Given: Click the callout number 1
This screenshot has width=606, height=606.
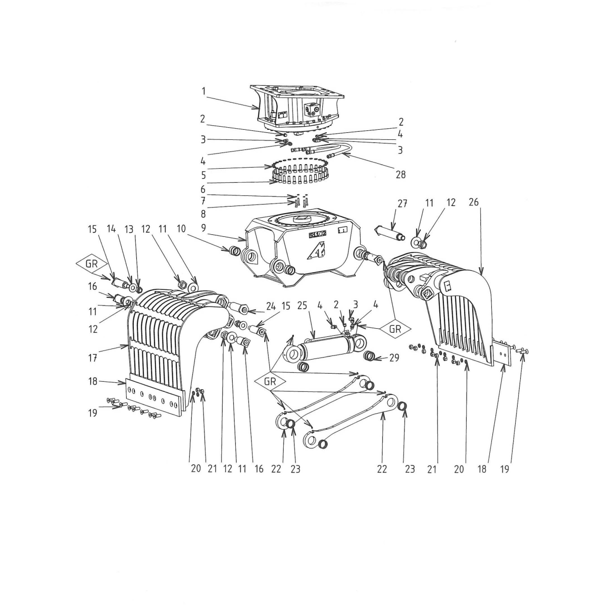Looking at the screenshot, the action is coord(204,91).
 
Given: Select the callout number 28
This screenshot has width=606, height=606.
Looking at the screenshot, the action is coord(400,175).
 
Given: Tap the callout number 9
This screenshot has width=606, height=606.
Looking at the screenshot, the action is coord(204,228).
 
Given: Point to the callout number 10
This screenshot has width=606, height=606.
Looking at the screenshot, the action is coord(181,229).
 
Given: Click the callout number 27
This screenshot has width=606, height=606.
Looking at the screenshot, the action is coord(402,204).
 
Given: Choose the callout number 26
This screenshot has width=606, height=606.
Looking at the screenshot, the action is coord(474,202).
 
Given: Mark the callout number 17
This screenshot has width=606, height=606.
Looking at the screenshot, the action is coord(92,358).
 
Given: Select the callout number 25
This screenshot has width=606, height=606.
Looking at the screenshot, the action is coord(302,306).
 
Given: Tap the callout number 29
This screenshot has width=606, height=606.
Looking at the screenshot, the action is coord(394,358).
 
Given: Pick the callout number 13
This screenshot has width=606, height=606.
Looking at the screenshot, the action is coord(129,229).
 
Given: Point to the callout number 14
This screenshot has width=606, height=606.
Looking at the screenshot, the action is coord(111,229).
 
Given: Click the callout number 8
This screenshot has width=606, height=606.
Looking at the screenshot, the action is coord(203,214).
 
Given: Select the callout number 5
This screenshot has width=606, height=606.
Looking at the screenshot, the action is coord(203,175).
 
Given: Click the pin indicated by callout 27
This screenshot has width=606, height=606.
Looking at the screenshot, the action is coord(390,234).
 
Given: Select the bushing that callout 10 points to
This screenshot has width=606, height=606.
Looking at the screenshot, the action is coord(235,250).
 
